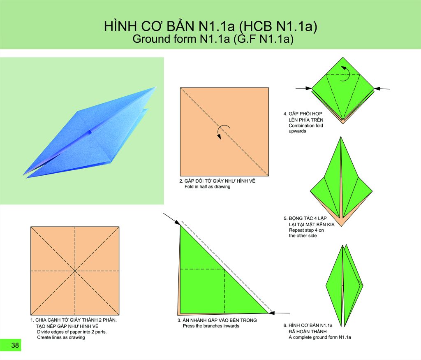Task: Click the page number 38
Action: [15, 345]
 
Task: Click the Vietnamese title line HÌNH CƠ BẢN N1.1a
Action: [210, 26]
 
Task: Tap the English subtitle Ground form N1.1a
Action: [213, 39]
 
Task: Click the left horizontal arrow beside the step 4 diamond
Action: [304, 88]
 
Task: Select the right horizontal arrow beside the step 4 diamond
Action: [382, 88]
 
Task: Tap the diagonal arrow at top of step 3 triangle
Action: [171, 219]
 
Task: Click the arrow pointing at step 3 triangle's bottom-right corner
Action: [279, 313]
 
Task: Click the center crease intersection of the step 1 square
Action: [75, 271]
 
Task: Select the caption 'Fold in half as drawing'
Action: [207, 186]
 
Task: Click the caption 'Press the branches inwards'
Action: [211, 326]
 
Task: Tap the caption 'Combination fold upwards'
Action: [306, 128]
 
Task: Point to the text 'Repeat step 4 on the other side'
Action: [306, 233]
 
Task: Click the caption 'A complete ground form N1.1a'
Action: [320, 337]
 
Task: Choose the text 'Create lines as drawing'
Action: [61, 337]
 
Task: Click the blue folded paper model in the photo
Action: [90, 132]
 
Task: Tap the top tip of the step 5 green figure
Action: [341, 137]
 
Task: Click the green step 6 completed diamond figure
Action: [344, 286]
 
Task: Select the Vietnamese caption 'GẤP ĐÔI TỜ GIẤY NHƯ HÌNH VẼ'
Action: [217, 181]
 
